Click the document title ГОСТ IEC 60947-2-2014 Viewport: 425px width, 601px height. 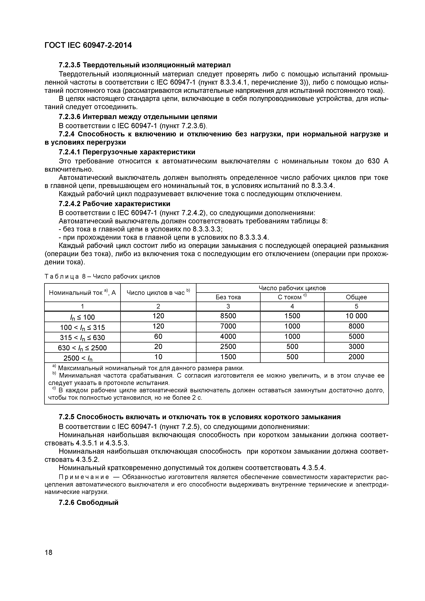click(x=88, y=45)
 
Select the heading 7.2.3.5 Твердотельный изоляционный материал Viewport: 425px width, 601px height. click(x=145, y=64)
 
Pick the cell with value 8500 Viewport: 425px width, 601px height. click(x=228, y=316)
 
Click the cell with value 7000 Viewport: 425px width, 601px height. click(x=228, y=326)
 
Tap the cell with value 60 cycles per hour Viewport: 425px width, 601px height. click(x=158, y=336)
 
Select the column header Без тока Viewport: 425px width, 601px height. click(x=228, y=297)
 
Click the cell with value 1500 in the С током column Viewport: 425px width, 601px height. click(x=292, y=316)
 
